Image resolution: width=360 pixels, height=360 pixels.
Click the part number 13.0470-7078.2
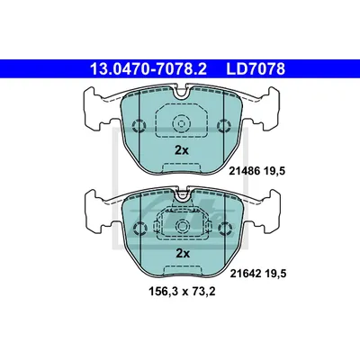(148, 69)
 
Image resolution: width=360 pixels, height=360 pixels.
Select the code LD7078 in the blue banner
(256, 69)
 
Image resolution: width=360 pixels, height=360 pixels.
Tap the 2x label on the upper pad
(182, 150)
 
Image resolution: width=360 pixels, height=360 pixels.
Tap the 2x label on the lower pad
(183, 254)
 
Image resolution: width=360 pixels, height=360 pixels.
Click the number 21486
(244, 171)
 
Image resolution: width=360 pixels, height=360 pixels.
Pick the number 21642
(245, 274)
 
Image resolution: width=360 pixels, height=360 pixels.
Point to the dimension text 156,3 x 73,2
(182, 292)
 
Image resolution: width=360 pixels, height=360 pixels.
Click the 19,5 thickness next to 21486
(274, 171)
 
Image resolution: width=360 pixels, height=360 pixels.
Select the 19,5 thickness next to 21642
(274, 274)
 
